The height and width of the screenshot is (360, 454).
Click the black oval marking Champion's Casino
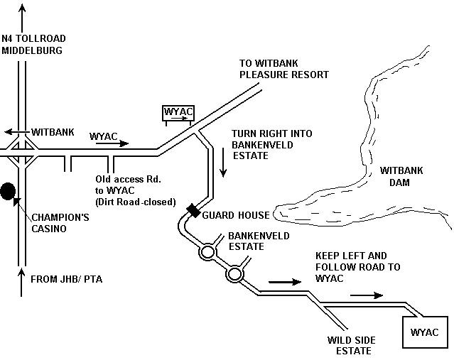tap(8, 191)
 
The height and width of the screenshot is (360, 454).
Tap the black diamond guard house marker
tap(193, 210)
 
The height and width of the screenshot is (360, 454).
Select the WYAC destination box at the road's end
tap(425, 332)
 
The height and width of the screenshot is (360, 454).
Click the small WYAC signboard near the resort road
tap(178, 113)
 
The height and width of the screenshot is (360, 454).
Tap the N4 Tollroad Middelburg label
tap(33, 45)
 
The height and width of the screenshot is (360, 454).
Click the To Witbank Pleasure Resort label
tap(284, 68)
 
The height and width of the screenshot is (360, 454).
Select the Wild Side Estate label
tap(350, 345)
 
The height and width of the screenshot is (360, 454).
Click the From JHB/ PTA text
tap(66, 279)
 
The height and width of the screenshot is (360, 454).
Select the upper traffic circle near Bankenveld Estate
tap(207, 252)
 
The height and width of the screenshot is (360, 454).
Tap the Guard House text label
tap(236, 215)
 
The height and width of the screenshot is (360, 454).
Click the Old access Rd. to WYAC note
tap(136, 190)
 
